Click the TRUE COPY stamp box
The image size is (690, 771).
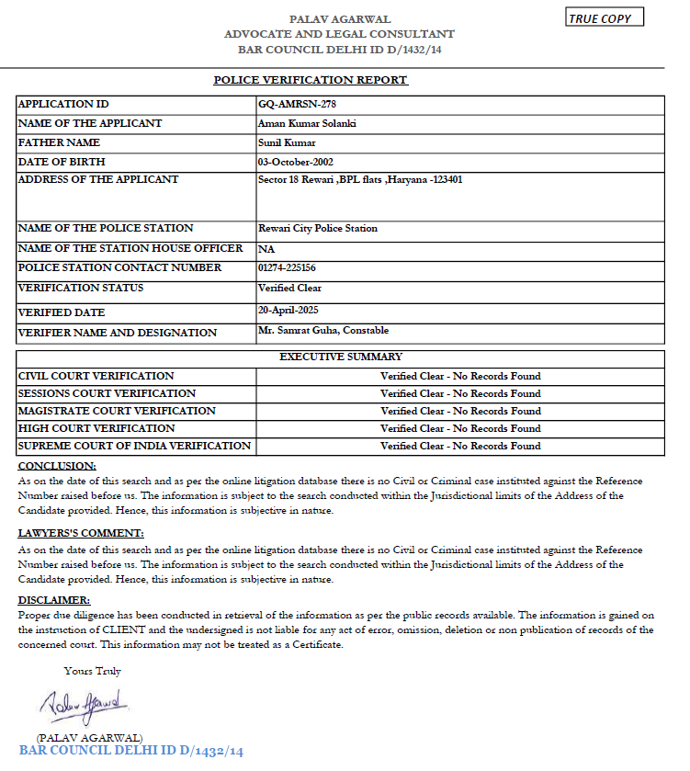(x=605, y=17)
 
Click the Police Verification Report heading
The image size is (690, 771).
(x=311, y=80)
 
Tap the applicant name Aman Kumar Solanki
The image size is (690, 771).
(x=307, y=123)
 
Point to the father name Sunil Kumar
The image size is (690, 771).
(x=288, y=142)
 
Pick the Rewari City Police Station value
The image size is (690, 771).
(x=318, y=228)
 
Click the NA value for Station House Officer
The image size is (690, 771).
(x=266, y=249)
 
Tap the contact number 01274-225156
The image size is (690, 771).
(x=288, y=267)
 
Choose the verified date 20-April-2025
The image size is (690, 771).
(x=288, y=310)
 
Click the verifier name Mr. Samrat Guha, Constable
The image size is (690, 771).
(x=323, y=331)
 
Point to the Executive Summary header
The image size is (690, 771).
(x=340, y=357)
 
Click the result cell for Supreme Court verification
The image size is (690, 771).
(x=460, y=446)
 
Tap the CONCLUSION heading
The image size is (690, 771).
(x=57, y=466)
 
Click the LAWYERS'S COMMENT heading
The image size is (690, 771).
(x=81, y=534)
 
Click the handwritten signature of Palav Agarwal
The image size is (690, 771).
(x=85, y=707)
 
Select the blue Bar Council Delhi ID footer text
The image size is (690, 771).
(x=131, y=752)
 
